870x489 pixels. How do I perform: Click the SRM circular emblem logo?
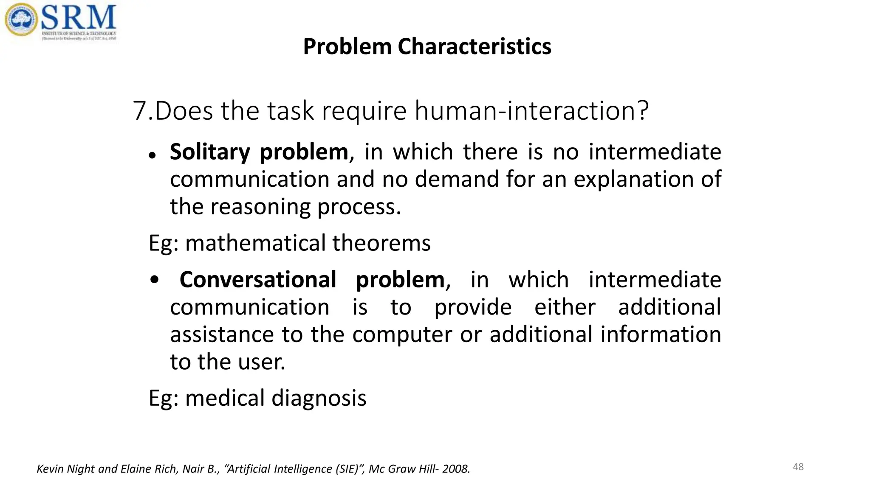coord(21,20)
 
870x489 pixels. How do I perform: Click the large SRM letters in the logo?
coord(79,17)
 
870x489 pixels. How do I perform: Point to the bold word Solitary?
coord(210,152)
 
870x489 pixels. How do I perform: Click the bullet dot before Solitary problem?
coord(152,156)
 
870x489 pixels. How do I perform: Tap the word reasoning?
coord(260,207)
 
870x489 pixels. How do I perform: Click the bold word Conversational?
coord(258,280)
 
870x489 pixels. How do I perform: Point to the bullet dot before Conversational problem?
coord(155,280)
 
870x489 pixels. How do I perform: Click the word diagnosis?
coord(319,398)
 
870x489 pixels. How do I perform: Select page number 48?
coord(798,467)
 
